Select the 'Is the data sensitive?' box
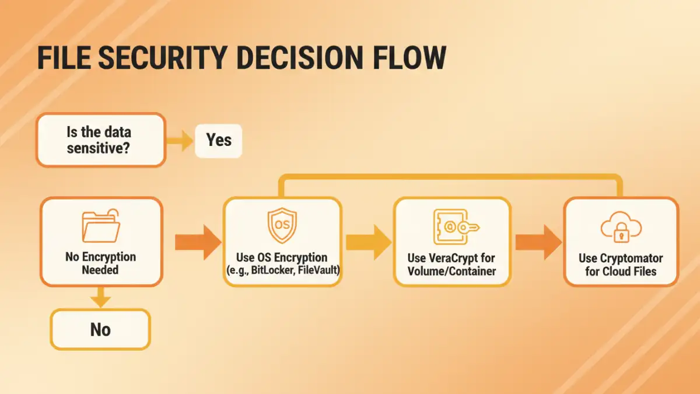coord(100,140)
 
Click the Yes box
coord(218,140)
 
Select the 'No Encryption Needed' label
coord(100,263)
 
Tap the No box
coord(100,330)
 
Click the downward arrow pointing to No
coord(100,297)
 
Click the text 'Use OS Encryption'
coord(282,257)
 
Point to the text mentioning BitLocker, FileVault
coord(282,270)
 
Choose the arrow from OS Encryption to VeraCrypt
coord(368,242)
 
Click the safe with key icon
coord(451,226)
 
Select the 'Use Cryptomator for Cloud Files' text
coord(621,264)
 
